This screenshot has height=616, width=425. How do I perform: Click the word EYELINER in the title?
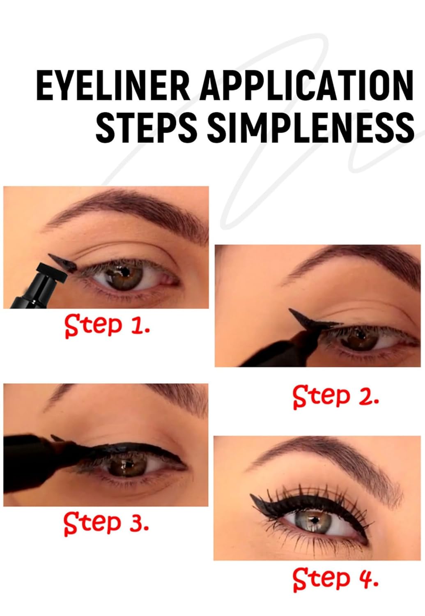113,85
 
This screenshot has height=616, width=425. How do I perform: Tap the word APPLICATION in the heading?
306,85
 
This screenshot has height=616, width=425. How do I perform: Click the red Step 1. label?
107,326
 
